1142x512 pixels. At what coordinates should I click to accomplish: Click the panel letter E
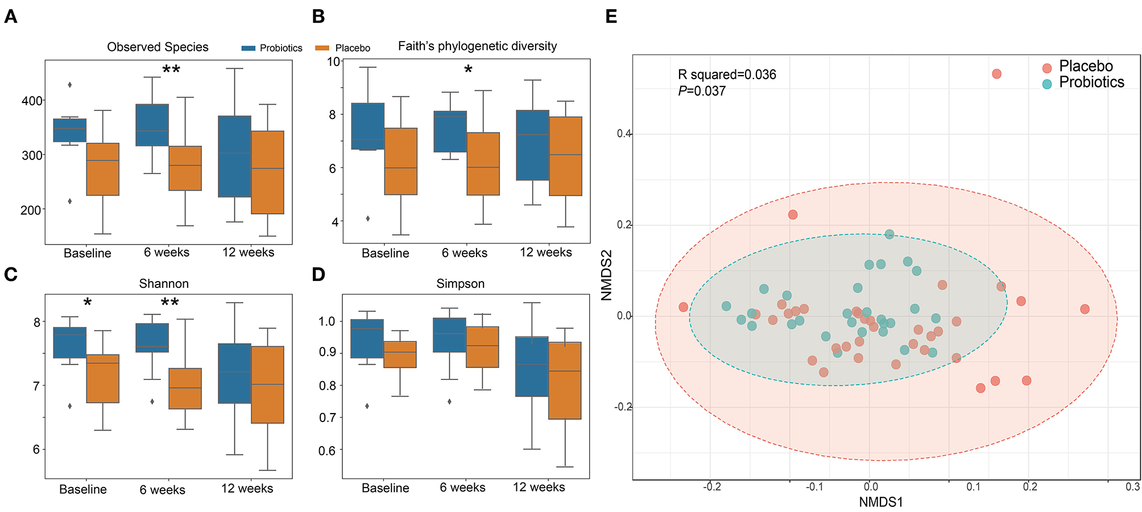tap(611, 16)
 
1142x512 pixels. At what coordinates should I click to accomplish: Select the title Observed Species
tap(158, 47)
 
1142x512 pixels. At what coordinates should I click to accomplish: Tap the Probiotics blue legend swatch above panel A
tap(249, 48)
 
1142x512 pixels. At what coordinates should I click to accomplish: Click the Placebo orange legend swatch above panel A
tap(322, 48)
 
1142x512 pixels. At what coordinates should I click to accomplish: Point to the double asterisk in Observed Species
tap(171, 70)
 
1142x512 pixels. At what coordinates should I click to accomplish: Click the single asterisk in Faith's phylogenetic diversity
tap(468, 70)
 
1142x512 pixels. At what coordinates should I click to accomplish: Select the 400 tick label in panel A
tap(32, 101)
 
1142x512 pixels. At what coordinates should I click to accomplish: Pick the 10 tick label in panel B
tap(333, 61)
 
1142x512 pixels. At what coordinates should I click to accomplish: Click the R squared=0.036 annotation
tap(727, 75)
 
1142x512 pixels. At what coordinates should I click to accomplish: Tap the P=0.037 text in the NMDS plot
tap(702, 91)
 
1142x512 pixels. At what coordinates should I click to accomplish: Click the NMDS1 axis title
tap(880, 502)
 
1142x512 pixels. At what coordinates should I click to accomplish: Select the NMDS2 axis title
tap(606, 275)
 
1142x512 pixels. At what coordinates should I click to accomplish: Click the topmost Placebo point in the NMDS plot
tap(996, 74)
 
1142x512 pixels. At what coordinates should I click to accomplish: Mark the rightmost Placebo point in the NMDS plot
tap(1085, 309)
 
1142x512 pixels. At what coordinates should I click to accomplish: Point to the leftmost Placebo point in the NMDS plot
tap(683, 307)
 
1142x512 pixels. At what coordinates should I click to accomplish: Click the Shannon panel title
tap(164, 283)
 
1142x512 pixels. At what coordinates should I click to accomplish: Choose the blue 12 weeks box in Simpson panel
tap(532, 366)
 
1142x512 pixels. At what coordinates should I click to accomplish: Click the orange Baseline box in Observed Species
tap(102, 169)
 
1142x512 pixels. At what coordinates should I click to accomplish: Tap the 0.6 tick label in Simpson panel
tap(326, 451)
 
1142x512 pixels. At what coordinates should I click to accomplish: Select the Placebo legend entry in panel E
tap(1085, 67)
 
